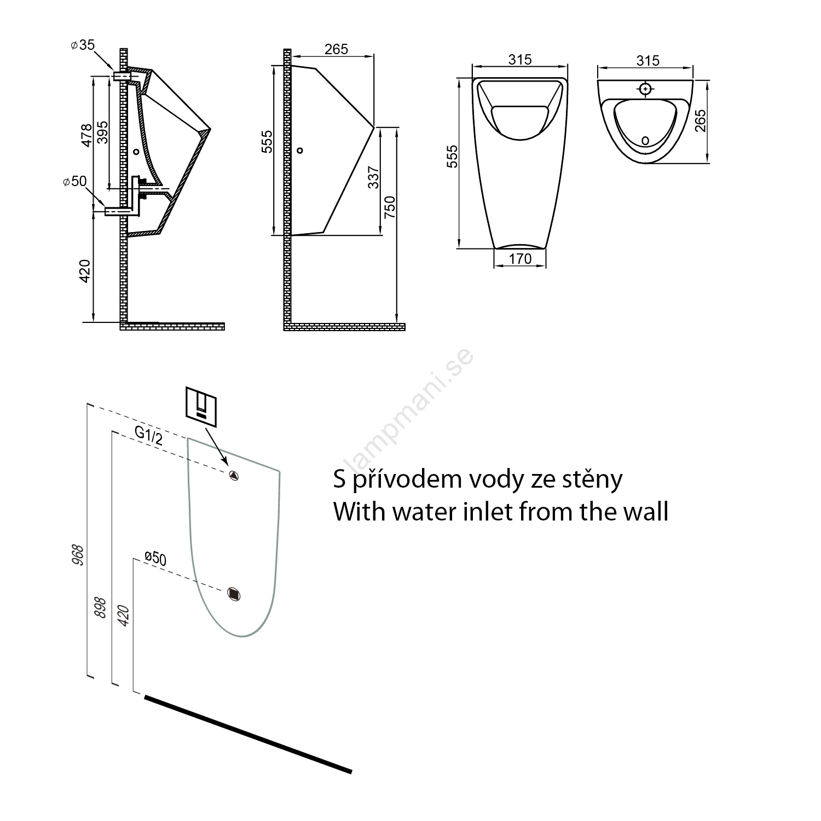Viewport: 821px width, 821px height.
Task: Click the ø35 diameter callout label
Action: pyautogui.click(x=83, y=45)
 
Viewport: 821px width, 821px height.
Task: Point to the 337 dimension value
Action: pyautogui.click(x=373, y=177)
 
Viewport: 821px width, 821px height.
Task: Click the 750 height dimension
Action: pyautogui.click(x=389, y=207)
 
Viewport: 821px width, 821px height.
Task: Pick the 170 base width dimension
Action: pyautogui.click(x=520, y=258)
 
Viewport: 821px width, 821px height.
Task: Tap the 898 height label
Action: pyautogui.click(x=101, y=606)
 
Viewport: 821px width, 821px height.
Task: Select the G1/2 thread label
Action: pyautogui.click(x=149, y=436)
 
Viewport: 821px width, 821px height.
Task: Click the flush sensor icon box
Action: pyautogui.click(x=201, y=407)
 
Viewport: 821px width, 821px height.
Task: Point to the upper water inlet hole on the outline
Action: pyautogui.click(x=234, y=475)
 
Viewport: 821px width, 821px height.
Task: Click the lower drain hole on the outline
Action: pyautogui.click(x=234, y=593)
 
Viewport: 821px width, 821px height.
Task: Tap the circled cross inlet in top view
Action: pyautogui.click(x=646, y=88)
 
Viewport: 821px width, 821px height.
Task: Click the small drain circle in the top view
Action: pyautogui.click(x=645, y=141)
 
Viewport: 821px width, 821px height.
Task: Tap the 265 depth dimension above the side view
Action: pyautogui.click(x=336, y=49)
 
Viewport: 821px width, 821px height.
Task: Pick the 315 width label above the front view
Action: pyautogui.click(x=519, y=59)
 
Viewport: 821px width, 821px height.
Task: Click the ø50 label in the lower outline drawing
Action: pyautogui.click(x=155, y=558)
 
